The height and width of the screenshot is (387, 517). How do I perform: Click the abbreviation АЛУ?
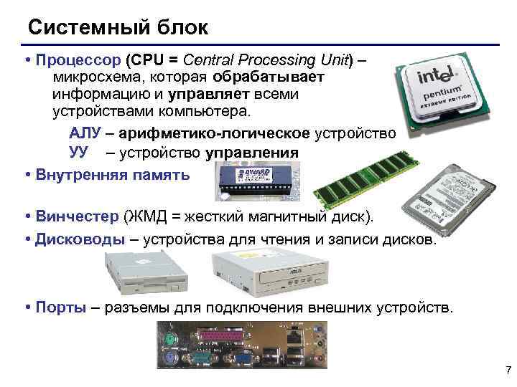click(85, 134)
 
